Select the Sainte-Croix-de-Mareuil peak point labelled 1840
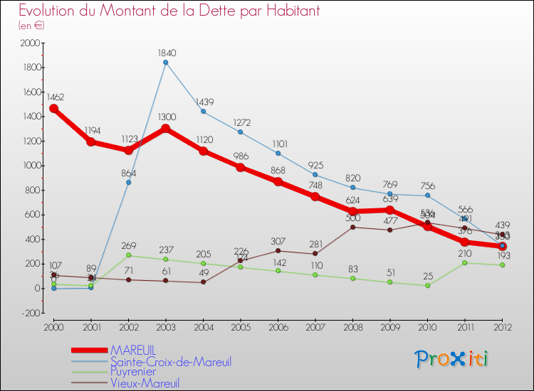166,63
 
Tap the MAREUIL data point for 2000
53,109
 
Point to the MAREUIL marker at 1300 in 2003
166,129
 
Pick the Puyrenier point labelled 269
128,255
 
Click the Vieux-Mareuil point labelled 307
278,250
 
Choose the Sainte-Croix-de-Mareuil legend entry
170,361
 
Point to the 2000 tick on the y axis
31,43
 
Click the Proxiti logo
451,359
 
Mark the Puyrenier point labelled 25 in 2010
427,285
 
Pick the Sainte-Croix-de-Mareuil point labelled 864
128,183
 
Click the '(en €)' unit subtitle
31,26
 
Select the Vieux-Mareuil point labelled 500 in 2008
352,227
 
